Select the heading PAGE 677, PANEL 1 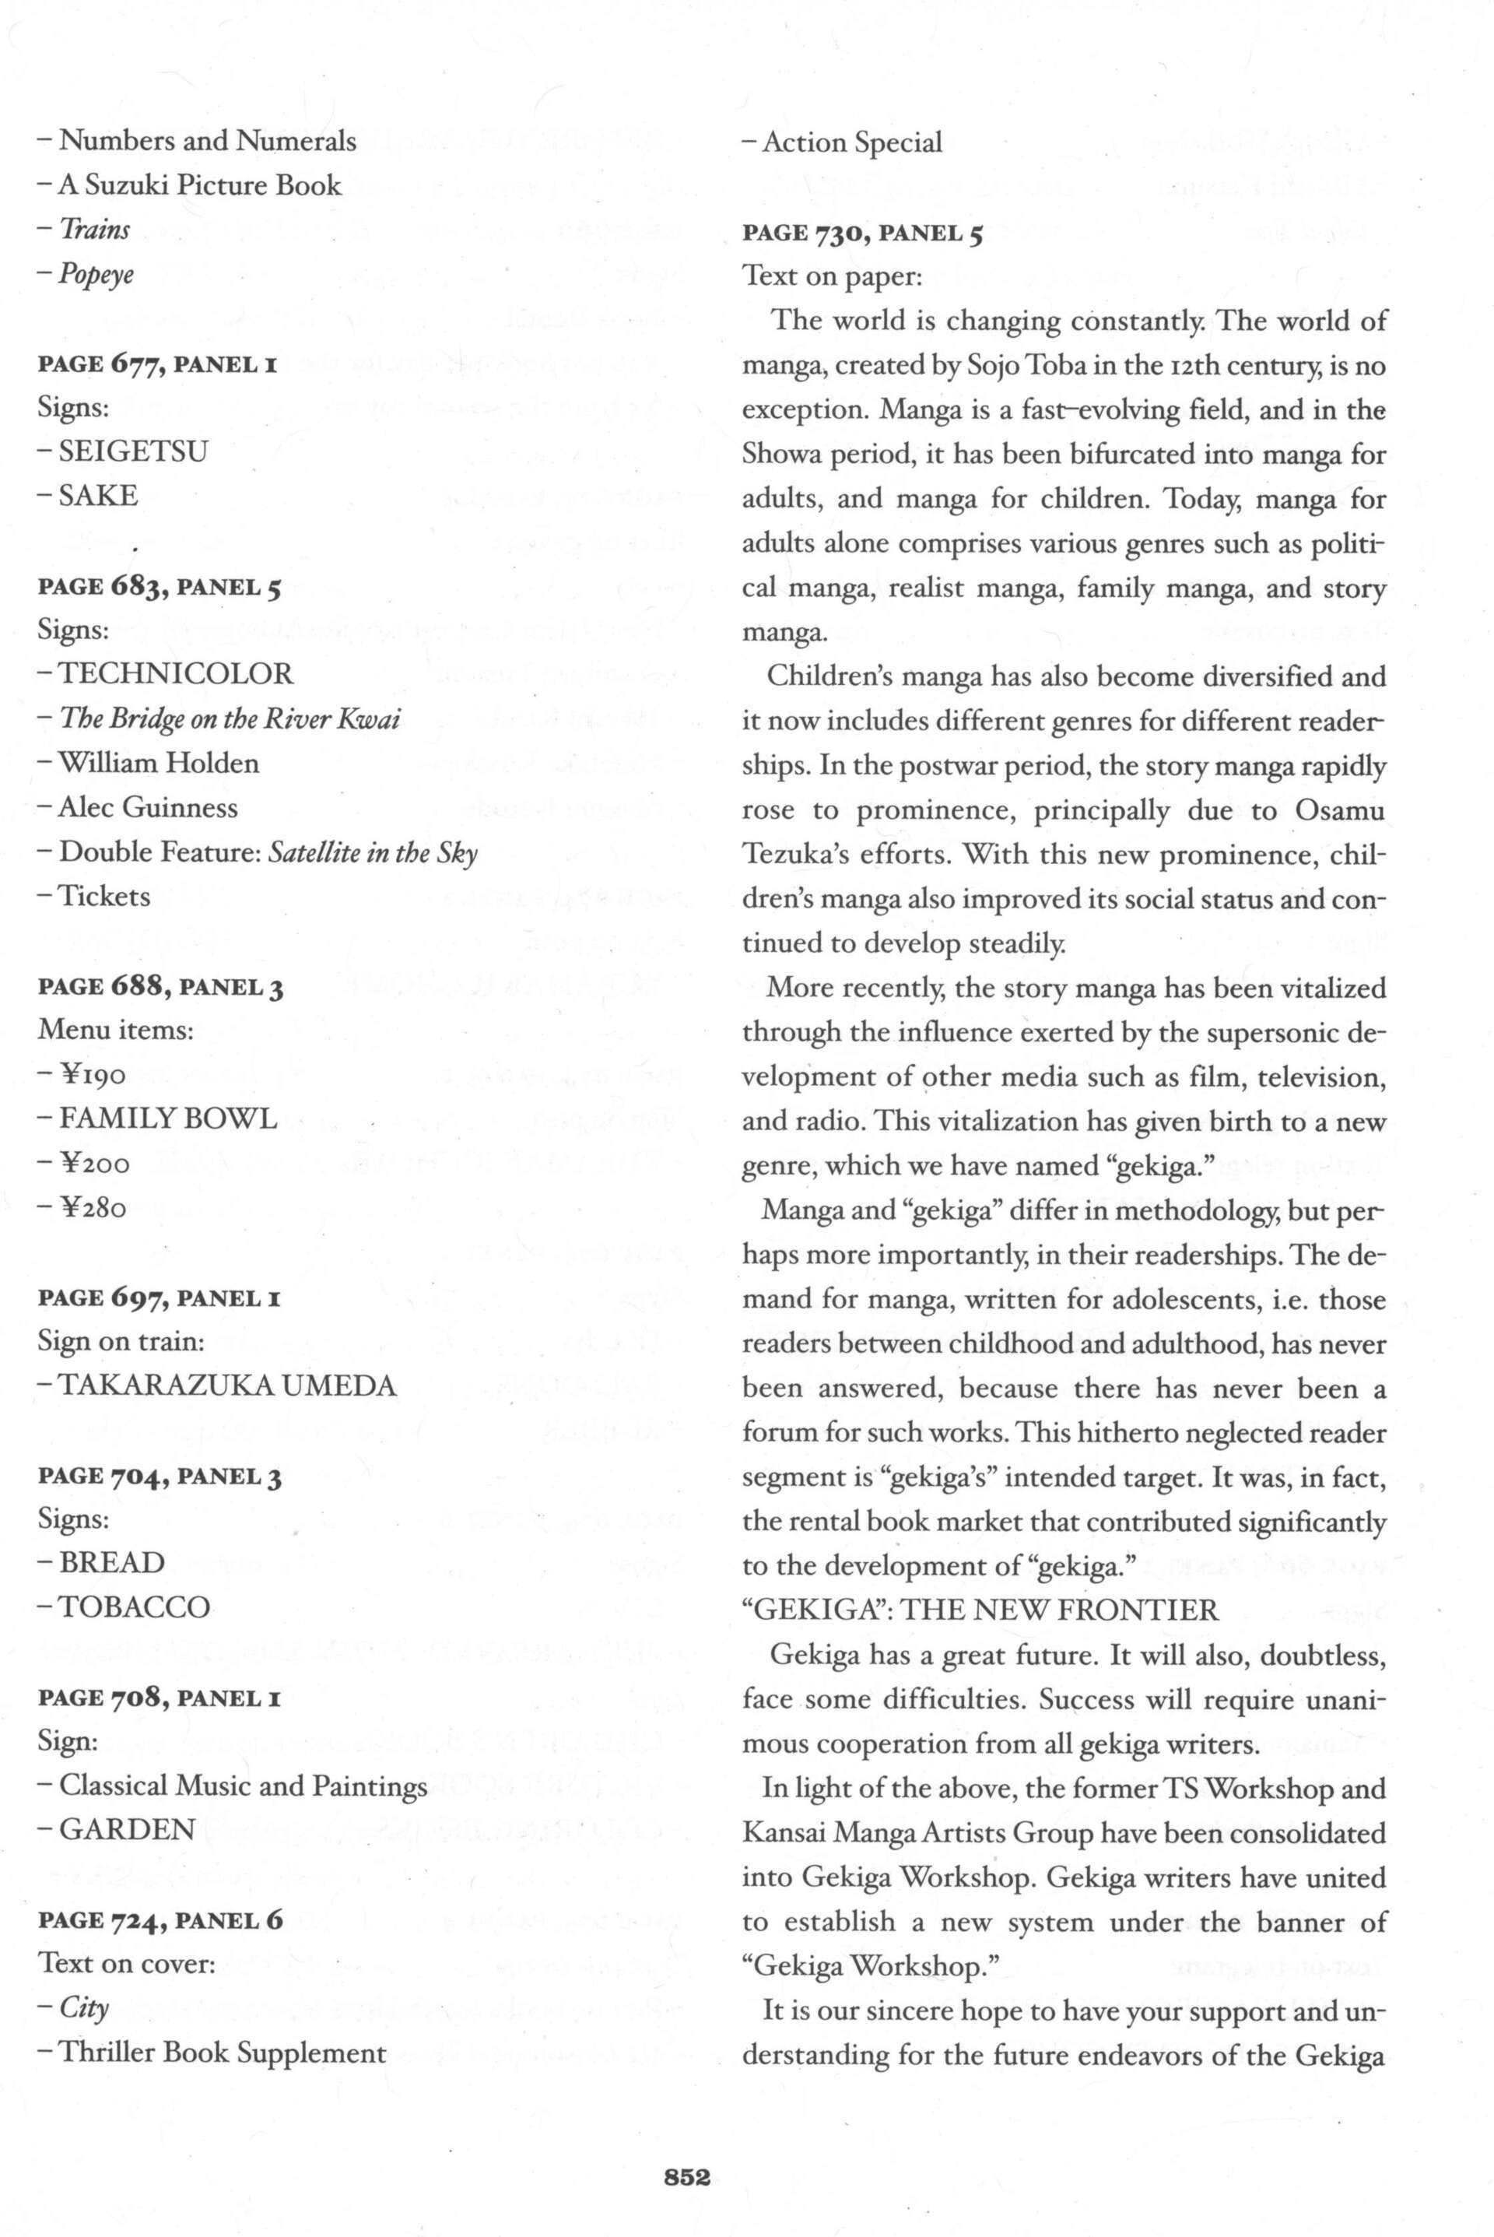(157, 364)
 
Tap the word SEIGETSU (132, 451)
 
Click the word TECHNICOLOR (177, 674)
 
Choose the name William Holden (158, 763)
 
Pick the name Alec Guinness (148, 807)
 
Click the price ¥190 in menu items (93, 1075)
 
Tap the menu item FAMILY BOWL (168, 1119)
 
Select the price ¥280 (93, 1209)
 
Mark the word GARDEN (127, 1830)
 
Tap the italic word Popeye (96, 275)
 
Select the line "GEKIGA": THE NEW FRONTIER (980, 1610)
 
